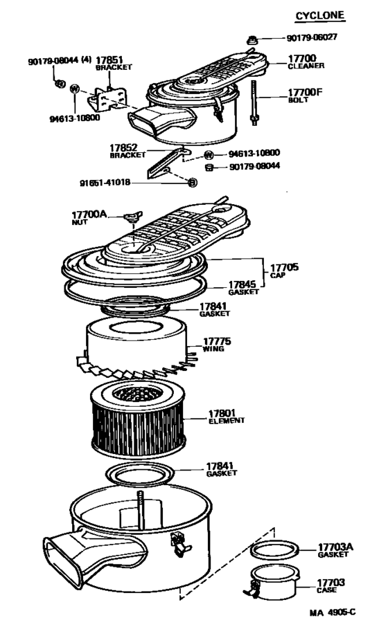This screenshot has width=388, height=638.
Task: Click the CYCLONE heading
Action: click(x=320, y=15)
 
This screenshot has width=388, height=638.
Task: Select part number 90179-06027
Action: click(x=312, y=37)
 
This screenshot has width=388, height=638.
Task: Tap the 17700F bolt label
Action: click(x=305, y=95)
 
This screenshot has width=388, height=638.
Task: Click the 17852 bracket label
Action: click(x=127, y=151)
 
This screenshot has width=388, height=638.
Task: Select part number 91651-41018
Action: click(x=105, y=182)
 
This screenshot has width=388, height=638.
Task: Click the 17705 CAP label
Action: click(x=284, y=271)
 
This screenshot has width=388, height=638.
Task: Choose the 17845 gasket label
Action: click(x=243, y=288)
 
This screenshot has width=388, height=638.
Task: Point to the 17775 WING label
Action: click(x=216, y=345)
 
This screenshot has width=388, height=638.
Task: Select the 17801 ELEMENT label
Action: click(x=226, y=417)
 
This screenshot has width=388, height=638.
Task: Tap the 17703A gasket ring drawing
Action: click(x=275, y=551)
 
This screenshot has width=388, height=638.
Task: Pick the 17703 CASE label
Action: click(x=330, y=585)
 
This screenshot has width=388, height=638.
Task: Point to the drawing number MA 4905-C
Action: click(x=332, y=612)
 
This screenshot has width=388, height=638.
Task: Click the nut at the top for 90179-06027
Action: click(x=252, y=40)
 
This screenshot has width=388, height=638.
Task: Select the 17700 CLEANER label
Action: click(x=306, y=62)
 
